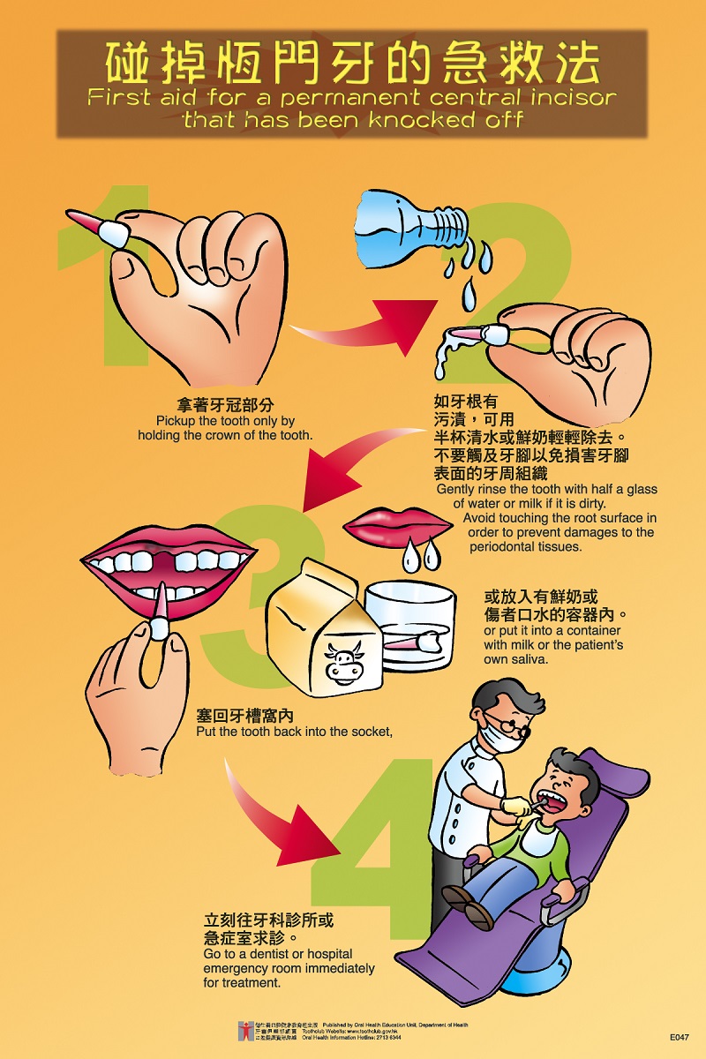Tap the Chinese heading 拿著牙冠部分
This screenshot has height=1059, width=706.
(x=225, y=405)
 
